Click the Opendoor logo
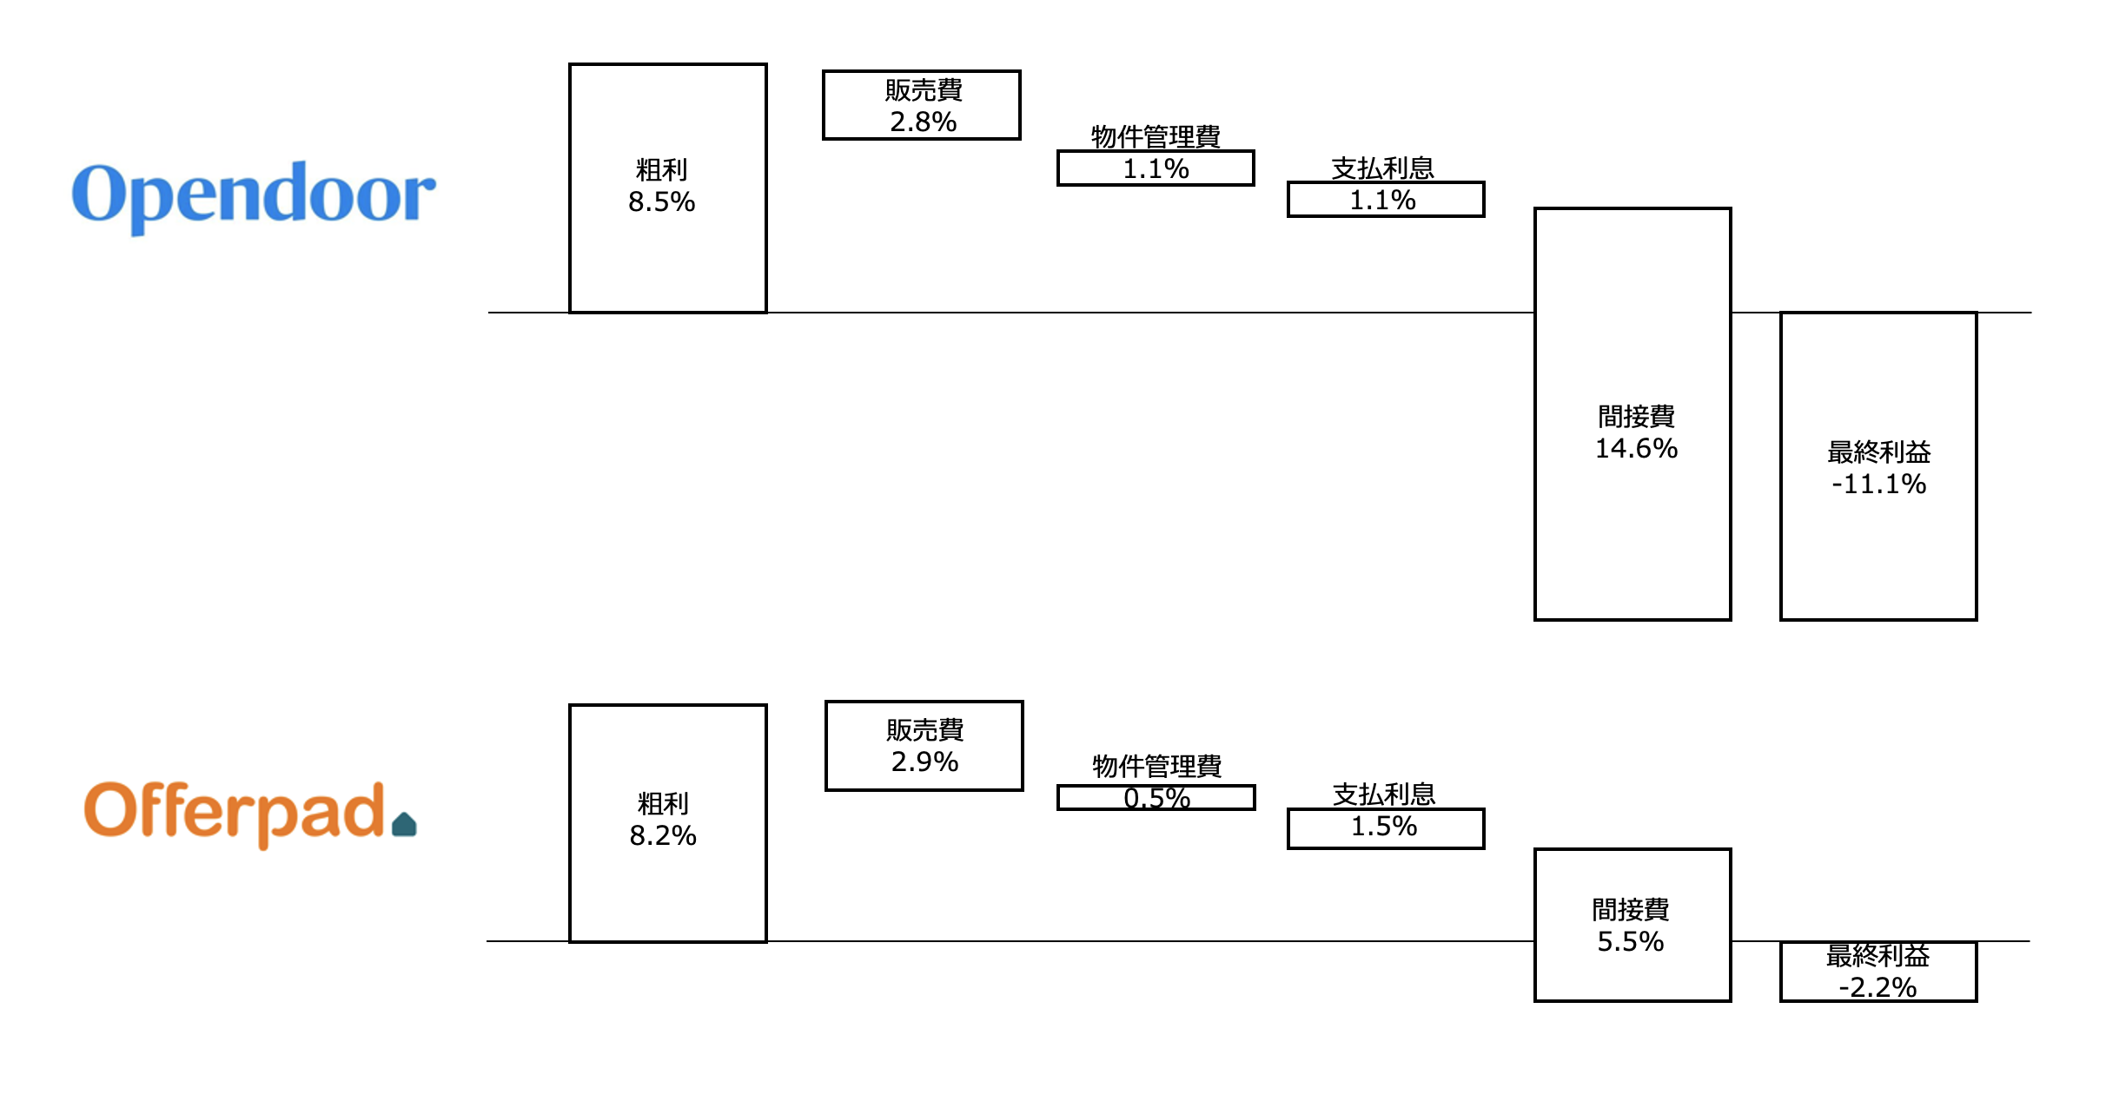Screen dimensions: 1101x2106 [x=253, y=195]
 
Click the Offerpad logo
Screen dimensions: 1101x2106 [x=235, y=813]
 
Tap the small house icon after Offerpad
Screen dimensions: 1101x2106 [x=404, y=824]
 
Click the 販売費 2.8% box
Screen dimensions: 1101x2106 [x=921, y=105]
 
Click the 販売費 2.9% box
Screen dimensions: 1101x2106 [x=924, y=746]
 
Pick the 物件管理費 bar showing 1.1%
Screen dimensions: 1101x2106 [x=1156, y=168]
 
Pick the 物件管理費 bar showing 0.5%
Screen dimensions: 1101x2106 [x=1156, y=798]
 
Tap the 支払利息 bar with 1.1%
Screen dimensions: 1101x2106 [x=1385, y=200]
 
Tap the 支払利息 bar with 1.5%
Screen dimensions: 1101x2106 [x=1385, y=828]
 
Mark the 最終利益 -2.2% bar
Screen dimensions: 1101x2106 [x=1878, y=972]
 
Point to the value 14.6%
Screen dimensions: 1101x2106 [x=1636, y=449]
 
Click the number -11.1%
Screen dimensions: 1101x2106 [x=1878, y=485]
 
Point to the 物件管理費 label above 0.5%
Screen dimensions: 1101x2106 [x=1156, y=766]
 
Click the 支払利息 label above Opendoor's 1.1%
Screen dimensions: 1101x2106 [x=1382, y=168]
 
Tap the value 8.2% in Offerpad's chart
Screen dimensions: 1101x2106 [x=663, y=836]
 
